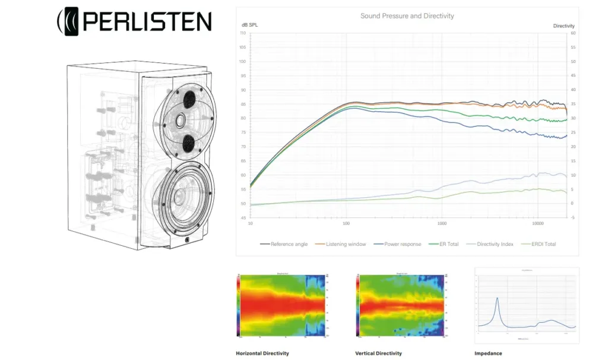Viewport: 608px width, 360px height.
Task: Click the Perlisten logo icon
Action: click(x=69, y=21)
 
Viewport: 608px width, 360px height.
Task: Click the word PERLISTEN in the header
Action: click(x=147, y=21)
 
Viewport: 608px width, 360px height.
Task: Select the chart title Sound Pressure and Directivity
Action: click(x=407, y=16)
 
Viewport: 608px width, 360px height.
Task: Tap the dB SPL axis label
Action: click(x=249, y=26)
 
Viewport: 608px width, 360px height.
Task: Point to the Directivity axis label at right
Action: click(x=563, y=26)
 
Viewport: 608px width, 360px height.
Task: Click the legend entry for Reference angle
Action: click(x=284, y=244)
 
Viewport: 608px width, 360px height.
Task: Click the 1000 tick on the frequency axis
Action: click(x=442, y=224)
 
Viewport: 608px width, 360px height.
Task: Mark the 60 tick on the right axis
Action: click(x=573, y=34)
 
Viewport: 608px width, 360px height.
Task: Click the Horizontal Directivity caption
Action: click(x=262, y=353)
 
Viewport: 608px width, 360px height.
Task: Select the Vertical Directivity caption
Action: click(x=378, y=353)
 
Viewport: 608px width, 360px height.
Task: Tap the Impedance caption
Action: click(x=488, y=353)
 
